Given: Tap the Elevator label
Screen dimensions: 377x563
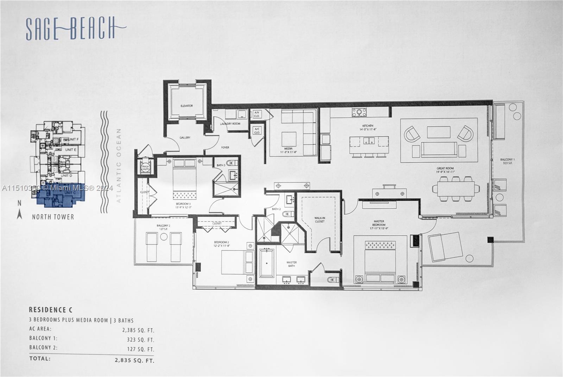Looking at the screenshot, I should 187,106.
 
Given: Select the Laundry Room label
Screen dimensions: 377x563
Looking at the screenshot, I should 230,124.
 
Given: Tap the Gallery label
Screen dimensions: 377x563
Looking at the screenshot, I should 185,138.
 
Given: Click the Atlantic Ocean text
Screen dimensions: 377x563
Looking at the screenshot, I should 119,165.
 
